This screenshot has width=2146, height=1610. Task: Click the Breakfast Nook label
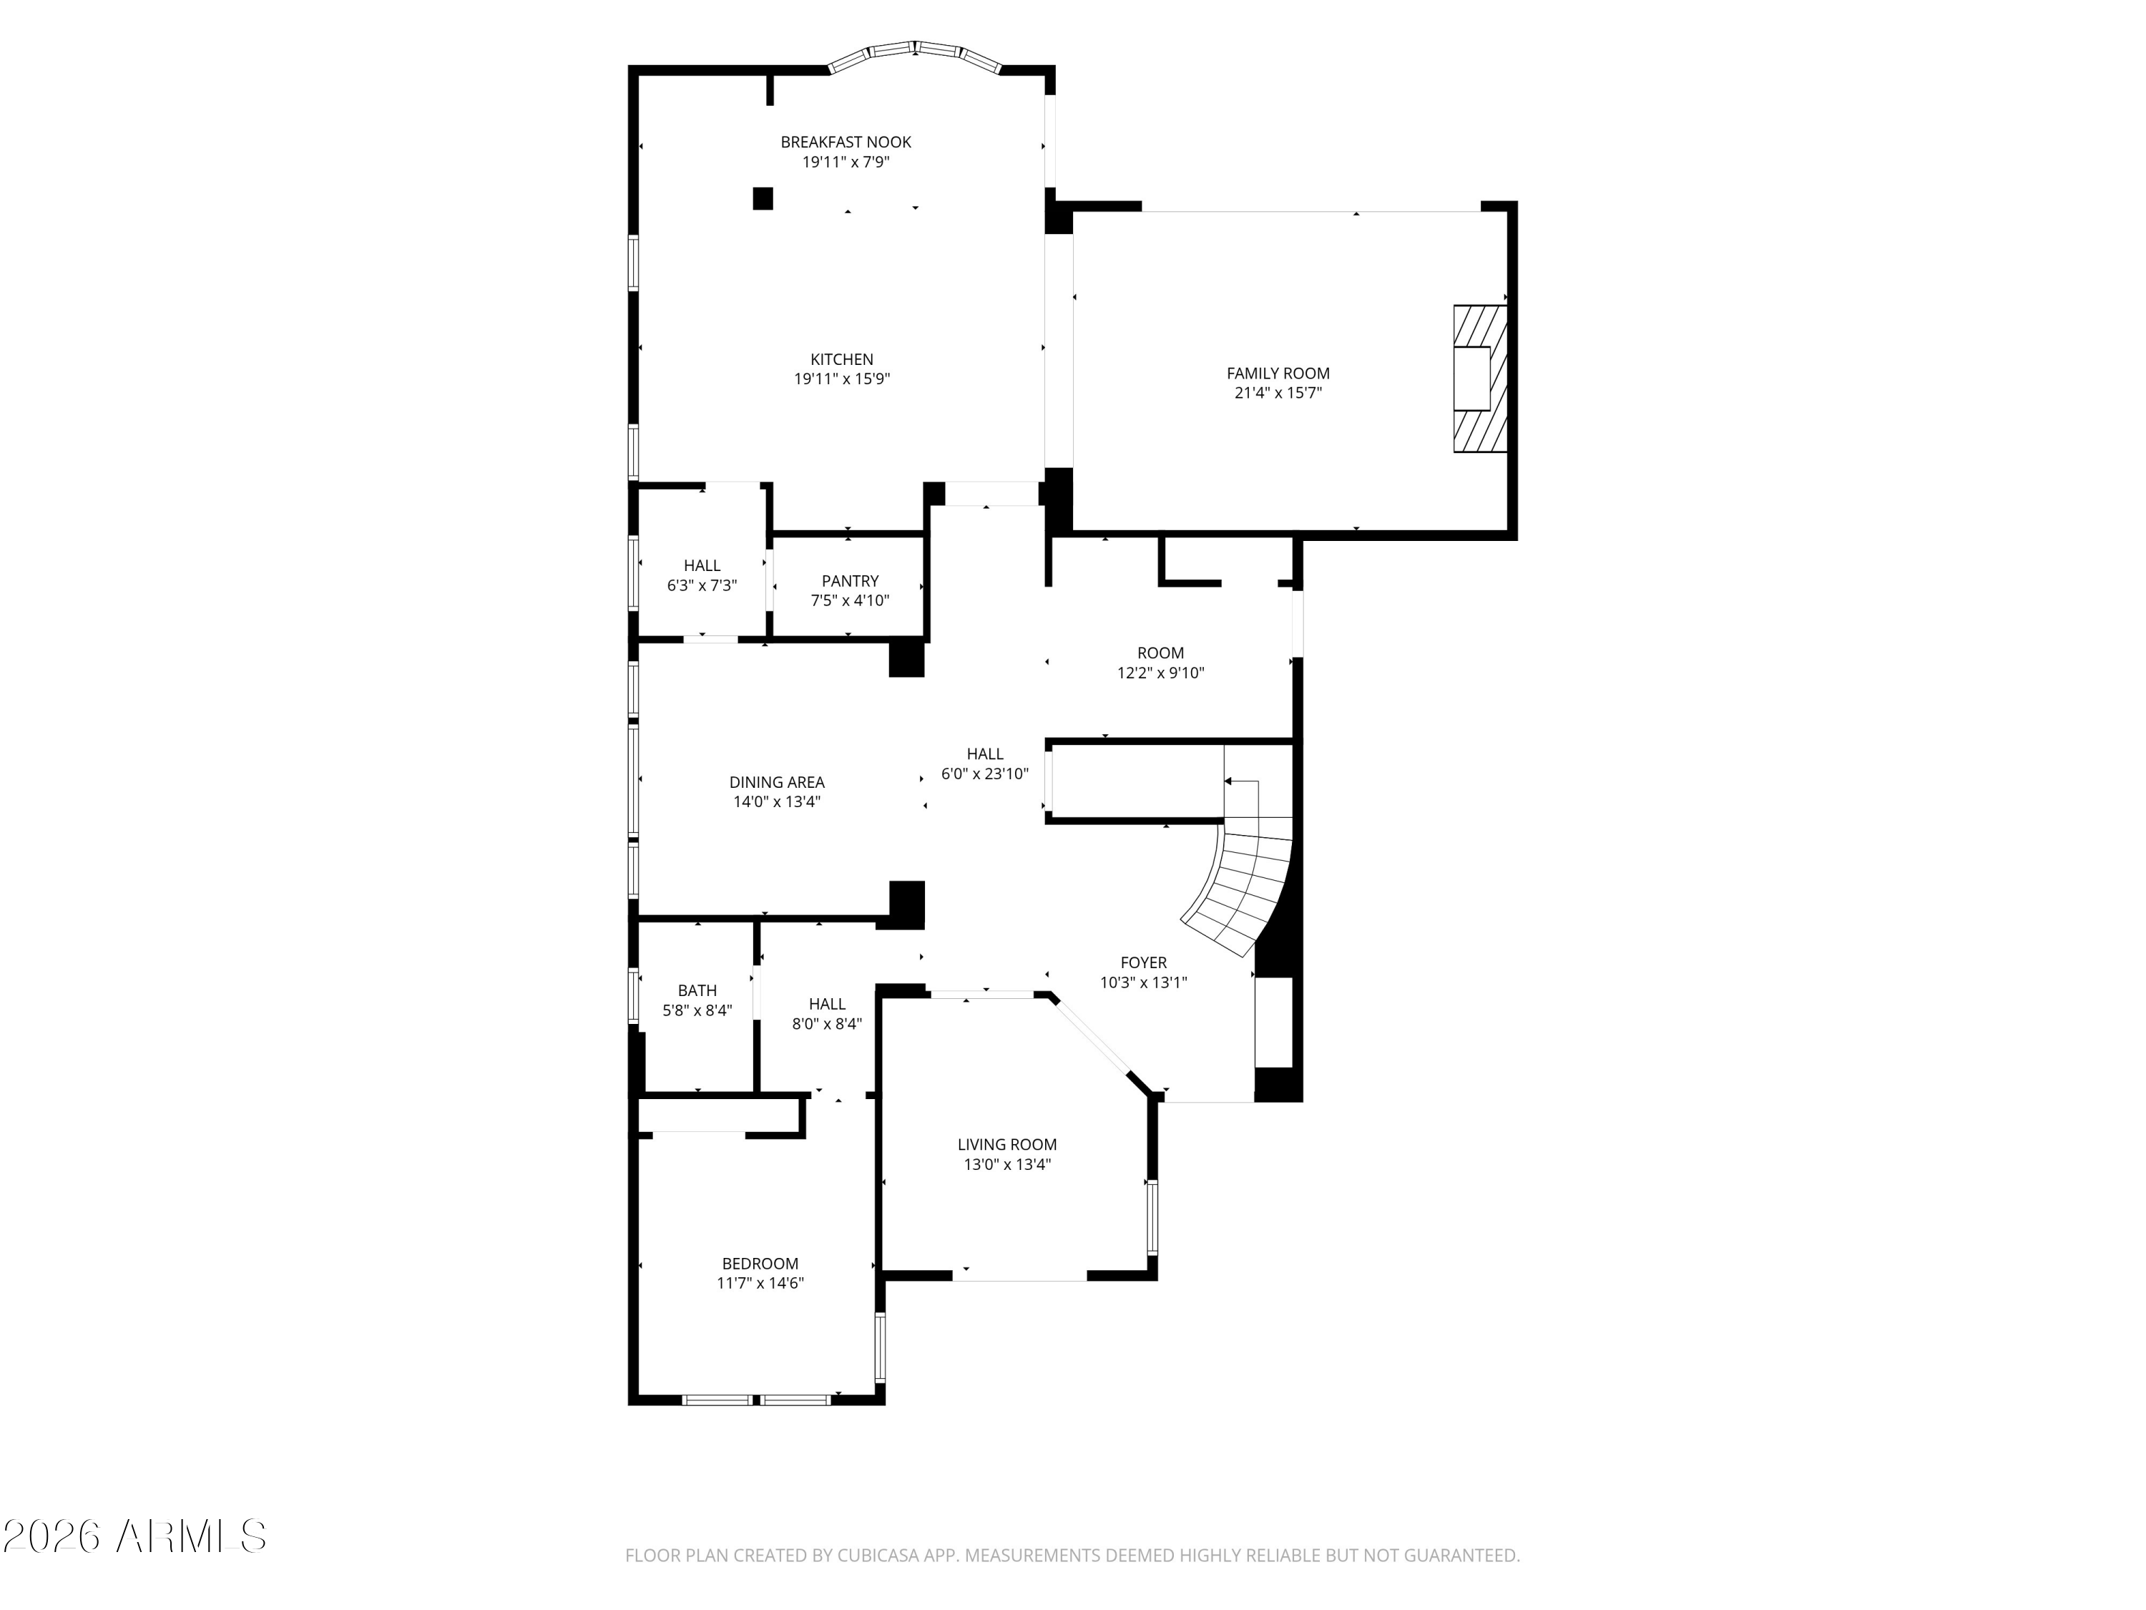(x=846, y=142)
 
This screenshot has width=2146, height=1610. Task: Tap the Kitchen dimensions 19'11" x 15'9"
(x=842, y=379)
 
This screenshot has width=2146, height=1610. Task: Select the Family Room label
(x=1278, y=374)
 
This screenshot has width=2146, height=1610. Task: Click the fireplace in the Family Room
(x=1479, y=379)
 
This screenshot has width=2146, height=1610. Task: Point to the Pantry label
(x=850, y=581)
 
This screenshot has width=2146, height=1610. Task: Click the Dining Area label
(x=777, y=782)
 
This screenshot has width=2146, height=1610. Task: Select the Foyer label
(x=1144, y=962)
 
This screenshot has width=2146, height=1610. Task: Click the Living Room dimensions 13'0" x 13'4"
(x=1007, y=1164)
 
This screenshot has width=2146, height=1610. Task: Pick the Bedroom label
(x=760, y=1264)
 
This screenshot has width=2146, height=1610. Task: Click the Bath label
(x=697, y=991)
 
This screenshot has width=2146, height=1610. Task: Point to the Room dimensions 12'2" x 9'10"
(x=1160, y=673)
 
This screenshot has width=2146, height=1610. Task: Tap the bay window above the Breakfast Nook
(x=915, y=54)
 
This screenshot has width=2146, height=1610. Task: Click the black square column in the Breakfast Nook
(x=763, y=198)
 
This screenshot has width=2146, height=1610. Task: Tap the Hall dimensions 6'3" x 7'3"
(x=702, y=586)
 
